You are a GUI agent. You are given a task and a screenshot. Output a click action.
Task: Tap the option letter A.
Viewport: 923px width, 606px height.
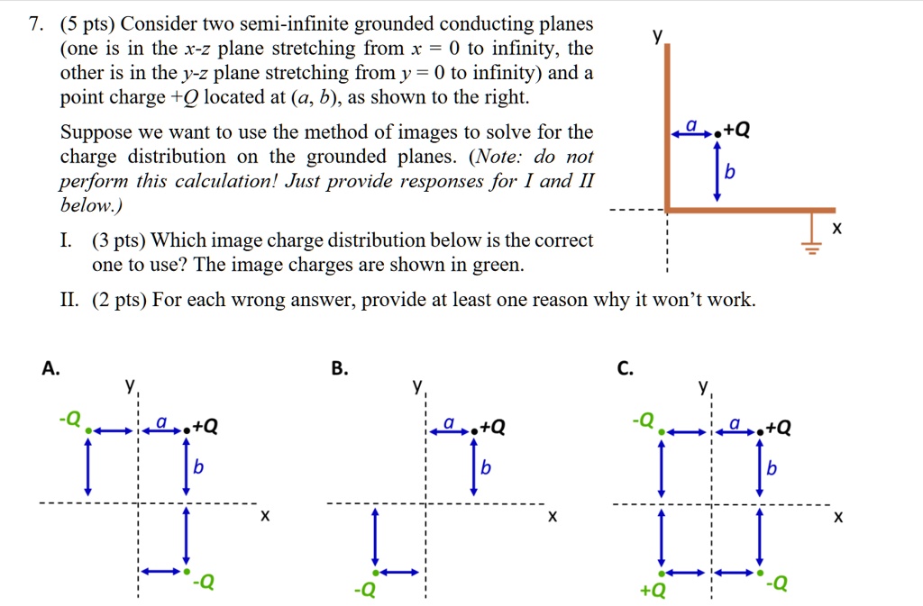pyautogui.click(x=50, y=367)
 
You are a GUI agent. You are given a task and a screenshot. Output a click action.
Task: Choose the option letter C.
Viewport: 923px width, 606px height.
pyautogui.click(x=626, y=367)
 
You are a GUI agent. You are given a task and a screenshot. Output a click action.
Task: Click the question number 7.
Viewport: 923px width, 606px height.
pyautogui.click(x=33, y=23)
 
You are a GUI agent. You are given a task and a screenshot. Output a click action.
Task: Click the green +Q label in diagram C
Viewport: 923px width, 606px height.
pyautogui.click(x=653, y=591)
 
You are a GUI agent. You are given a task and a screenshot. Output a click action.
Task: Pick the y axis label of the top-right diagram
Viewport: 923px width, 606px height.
pyautogui.click(x=658, y=36)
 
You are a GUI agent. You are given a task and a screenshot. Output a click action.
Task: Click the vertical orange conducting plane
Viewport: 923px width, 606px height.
pyautogui.click(x=667, y=126)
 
